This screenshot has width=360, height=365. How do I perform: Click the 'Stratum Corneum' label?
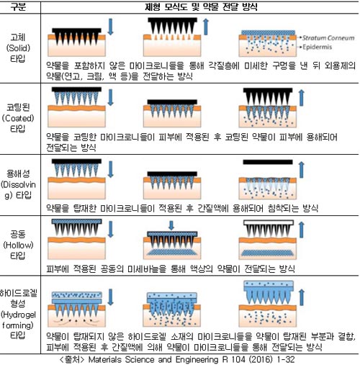(328, 37)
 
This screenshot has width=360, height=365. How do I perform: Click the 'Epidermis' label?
(317, 47)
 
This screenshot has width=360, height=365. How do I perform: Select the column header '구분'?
(18, 6)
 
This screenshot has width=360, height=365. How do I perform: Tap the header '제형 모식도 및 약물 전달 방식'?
(201, 6)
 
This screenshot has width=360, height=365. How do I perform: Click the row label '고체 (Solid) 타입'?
(18, 48)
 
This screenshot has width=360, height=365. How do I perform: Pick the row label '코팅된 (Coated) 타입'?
(18, 118)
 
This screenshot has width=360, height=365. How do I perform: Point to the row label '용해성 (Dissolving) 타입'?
(18, 184)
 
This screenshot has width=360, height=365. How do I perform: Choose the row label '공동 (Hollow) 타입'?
(18, 245)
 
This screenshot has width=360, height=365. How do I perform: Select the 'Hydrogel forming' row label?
(18, 314)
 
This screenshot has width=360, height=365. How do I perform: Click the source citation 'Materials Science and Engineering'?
(153, 359)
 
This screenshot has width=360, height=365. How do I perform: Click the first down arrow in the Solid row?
(110, 27)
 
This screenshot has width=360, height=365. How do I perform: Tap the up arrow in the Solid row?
(206, 27)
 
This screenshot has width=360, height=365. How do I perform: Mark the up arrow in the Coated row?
(302, 98)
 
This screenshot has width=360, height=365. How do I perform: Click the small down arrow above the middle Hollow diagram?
(171, 225)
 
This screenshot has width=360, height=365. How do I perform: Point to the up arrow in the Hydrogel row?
(302, 297)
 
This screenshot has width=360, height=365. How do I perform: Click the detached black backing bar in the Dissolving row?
(268, 162)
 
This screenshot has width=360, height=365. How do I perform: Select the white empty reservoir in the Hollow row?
(269, 222)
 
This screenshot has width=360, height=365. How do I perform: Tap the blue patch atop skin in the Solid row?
(268, 32)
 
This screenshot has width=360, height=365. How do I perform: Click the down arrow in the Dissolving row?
(110, 169)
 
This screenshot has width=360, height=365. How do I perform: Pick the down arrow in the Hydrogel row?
(110, 297)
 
